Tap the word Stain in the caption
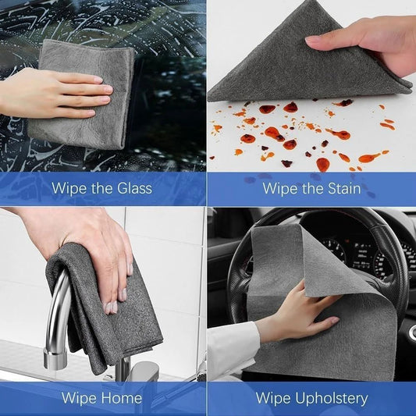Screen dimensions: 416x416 (342, 188)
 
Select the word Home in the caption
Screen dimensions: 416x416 (123, 398)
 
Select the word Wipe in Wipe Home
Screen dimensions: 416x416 (80, 398)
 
